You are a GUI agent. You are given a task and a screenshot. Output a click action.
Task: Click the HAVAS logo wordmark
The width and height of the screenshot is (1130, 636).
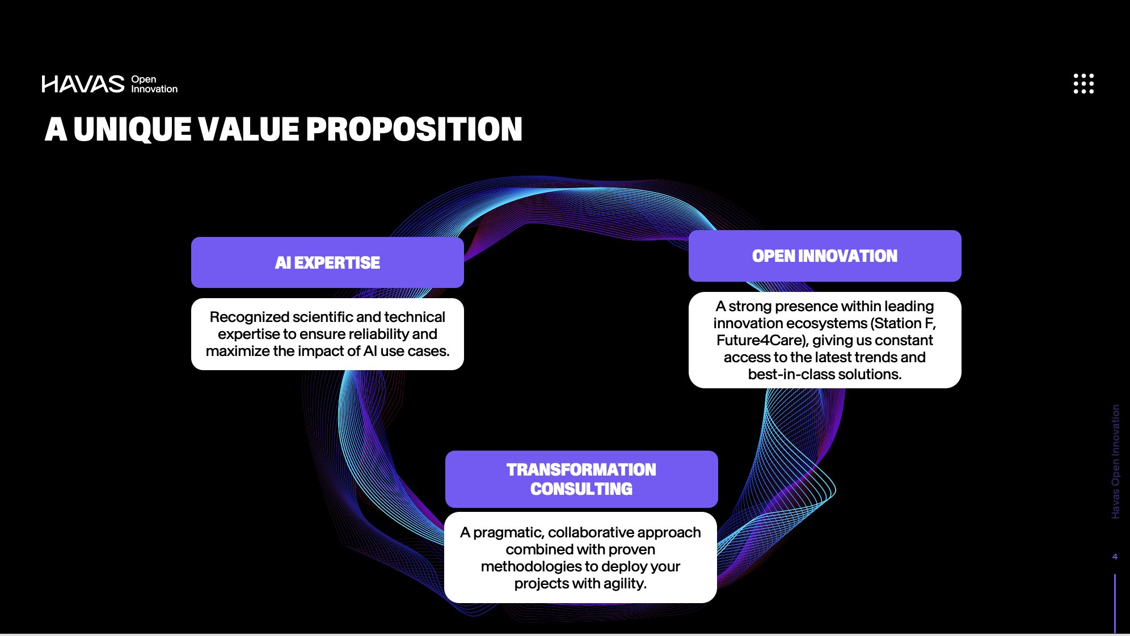[x=83, y=84]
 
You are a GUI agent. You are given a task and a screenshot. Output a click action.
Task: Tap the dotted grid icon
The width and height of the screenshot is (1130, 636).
[x=1083, y=83]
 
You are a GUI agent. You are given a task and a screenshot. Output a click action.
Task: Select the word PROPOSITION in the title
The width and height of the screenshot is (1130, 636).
[x=414, y=129]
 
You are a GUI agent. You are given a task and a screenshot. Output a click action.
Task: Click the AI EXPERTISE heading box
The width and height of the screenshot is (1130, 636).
[x=327, y=262]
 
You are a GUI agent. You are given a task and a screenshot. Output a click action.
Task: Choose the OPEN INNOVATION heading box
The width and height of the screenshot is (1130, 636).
[x=825, y=256]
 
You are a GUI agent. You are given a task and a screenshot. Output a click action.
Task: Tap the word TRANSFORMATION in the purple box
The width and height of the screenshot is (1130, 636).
[x=581, y=470]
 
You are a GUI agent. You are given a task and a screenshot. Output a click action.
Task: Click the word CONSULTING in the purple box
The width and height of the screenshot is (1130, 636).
[x=581, y=489]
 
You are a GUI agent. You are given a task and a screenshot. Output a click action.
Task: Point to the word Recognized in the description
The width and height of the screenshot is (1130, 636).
[x=250, y=317]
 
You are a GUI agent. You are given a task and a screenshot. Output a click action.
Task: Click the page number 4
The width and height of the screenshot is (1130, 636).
[x=1115, y=557]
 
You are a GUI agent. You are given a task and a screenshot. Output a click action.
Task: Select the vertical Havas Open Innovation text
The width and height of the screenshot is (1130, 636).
[x=1115, y=461]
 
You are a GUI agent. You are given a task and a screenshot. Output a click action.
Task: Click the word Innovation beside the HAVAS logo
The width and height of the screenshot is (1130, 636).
[x=154, y=89]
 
